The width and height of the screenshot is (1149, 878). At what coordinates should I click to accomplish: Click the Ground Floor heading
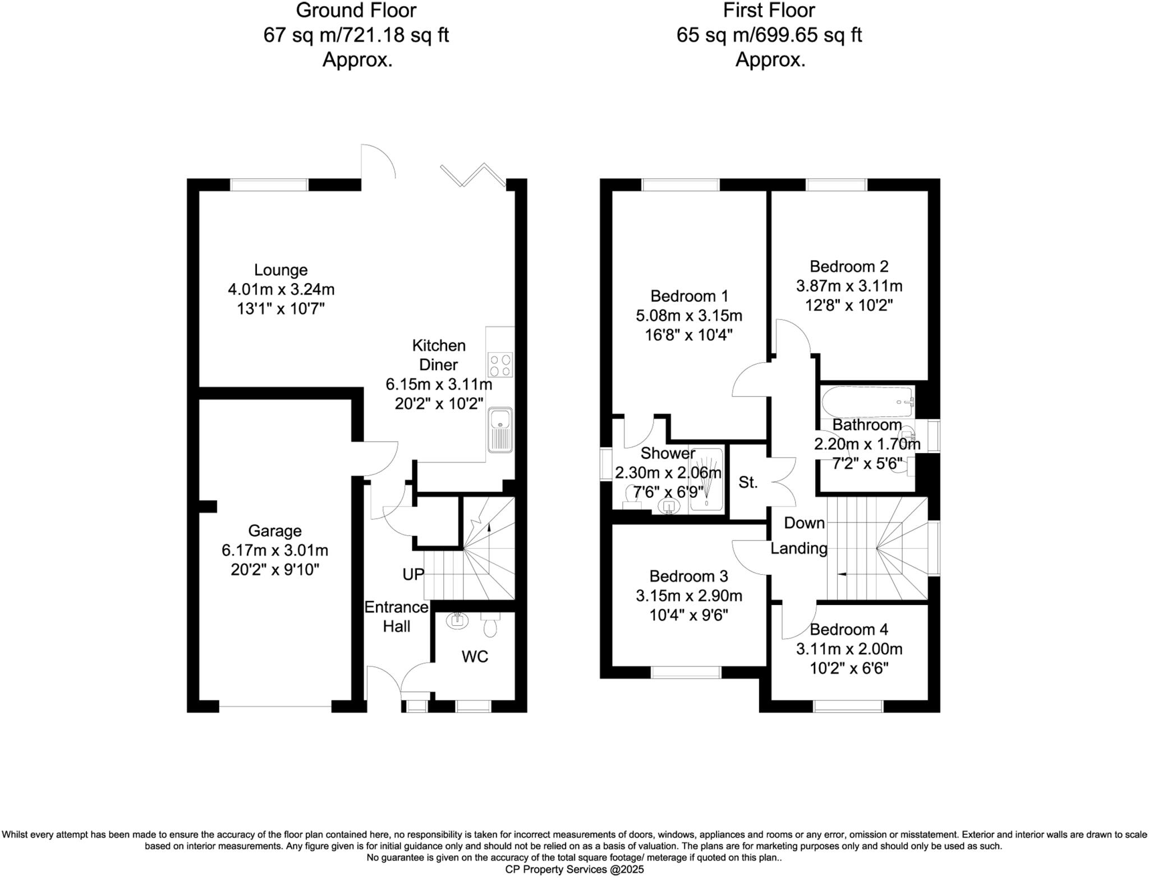356,11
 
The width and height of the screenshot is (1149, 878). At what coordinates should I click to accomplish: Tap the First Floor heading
769,11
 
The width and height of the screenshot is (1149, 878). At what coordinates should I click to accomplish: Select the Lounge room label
281,270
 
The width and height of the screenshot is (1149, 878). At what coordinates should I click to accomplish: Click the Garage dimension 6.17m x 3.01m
275,551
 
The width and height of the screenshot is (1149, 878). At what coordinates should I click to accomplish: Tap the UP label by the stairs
413,575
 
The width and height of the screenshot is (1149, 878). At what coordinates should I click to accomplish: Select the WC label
475,657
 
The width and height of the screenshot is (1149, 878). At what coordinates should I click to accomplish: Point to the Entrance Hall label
397,617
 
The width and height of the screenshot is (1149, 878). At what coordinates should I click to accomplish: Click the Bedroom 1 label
689,296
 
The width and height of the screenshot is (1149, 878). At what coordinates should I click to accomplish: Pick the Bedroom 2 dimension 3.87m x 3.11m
849,286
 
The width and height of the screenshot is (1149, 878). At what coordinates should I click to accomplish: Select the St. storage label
748,482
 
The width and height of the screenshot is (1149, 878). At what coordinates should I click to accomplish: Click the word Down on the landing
804,523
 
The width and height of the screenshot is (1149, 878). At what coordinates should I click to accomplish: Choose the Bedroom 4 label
849,630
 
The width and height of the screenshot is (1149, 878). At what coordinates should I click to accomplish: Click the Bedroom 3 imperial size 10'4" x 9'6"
689,616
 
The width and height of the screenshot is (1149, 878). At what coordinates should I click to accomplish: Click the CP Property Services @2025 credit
574,870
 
